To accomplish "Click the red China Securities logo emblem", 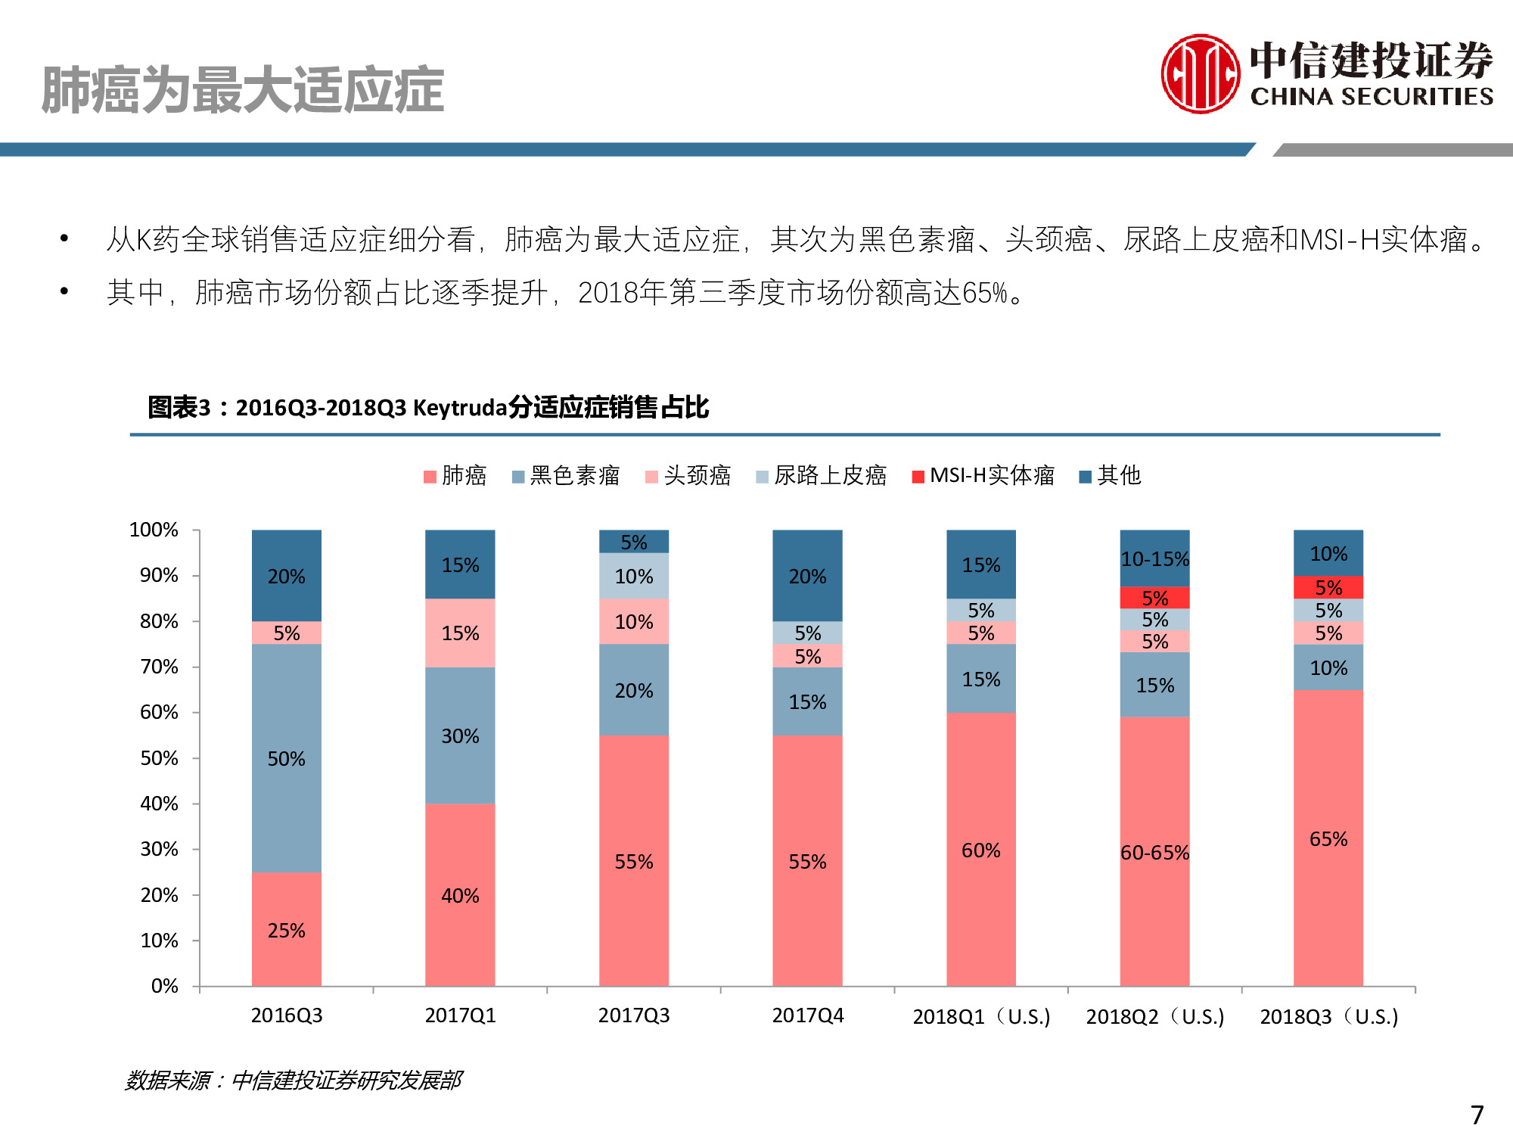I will [1200, 74].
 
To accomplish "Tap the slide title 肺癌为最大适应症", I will [242, 90].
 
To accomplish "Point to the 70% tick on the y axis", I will [160, 667].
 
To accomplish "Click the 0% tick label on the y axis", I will [164, 986].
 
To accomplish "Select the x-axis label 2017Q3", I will [634, 1015].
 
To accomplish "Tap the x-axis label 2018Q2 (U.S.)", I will [1155, 1016].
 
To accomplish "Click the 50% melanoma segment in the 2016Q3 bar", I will [287, 758].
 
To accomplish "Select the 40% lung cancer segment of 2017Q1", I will [460, 895].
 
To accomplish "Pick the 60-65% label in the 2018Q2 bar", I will [1155, 853].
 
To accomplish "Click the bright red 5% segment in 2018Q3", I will [1328, 587].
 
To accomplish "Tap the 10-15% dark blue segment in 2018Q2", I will [1155, 559].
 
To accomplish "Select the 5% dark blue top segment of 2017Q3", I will [634, 542].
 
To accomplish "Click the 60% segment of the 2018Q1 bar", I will [981, 850].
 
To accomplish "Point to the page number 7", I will [1477, 1114].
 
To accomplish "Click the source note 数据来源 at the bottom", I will [294, 1080].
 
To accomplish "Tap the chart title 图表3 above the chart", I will [427, 407].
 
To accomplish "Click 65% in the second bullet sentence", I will [984, 293].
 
